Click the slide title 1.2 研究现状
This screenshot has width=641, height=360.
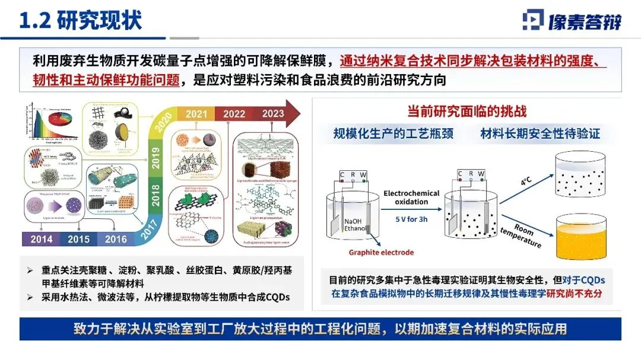(82, 20)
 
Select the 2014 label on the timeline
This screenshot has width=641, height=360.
(42, 240)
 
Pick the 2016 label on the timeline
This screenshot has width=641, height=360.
(116, 240)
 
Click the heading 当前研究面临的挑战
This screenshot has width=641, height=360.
(467, 111)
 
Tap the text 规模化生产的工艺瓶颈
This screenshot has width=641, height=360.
(394, 134)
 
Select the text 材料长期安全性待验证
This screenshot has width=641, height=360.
(540, 134)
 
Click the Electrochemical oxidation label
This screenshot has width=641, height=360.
(411, 197)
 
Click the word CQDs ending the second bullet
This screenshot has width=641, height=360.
(274, 298)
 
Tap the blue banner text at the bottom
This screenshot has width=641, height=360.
(320, 329)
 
